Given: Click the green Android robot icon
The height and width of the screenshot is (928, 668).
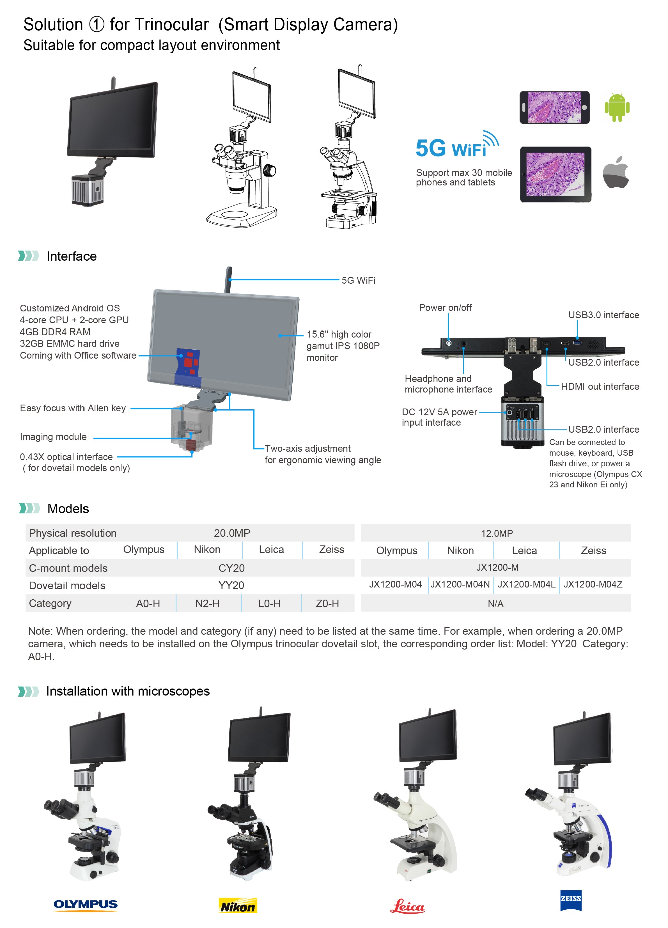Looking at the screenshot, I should [x=617, y=107].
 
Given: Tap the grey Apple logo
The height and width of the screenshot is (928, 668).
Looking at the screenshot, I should [x=615, y=173].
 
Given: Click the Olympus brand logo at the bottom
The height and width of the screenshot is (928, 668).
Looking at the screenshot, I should [x=86, y=904].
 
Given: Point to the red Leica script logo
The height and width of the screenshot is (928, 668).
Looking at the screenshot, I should [x=407, y=906].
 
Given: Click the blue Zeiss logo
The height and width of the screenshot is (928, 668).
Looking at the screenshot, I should [x=571, y=900].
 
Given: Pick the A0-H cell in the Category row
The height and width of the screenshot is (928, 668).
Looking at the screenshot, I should [x=148, y=603].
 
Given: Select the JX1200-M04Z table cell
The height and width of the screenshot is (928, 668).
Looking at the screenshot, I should [x=593, y=584].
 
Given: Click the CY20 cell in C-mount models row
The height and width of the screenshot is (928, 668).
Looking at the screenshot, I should [x=231, y=568].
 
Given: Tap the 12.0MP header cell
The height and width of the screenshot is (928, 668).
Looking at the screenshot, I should [x=496, y=533].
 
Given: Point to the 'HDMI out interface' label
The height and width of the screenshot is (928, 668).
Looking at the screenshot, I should [x=599, y=386].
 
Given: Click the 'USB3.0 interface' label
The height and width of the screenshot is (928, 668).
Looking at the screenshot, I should [x=603, y=315].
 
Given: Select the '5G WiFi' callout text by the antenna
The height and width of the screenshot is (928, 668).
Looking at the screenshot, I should [x=358, y=280].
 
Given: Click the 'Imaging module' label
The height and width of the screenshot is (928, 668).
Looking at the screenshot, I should [x=53, y=436].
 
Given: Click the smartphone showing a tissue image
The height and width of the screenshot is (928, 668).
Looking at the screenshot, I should [x=554, y=107].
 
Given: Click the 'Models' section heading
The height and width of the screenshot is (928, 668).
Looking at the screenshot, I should [x=68, y=509].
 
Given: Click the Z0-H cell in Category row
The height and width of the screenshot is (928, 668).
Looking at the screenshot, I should [x=327, y=603].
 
